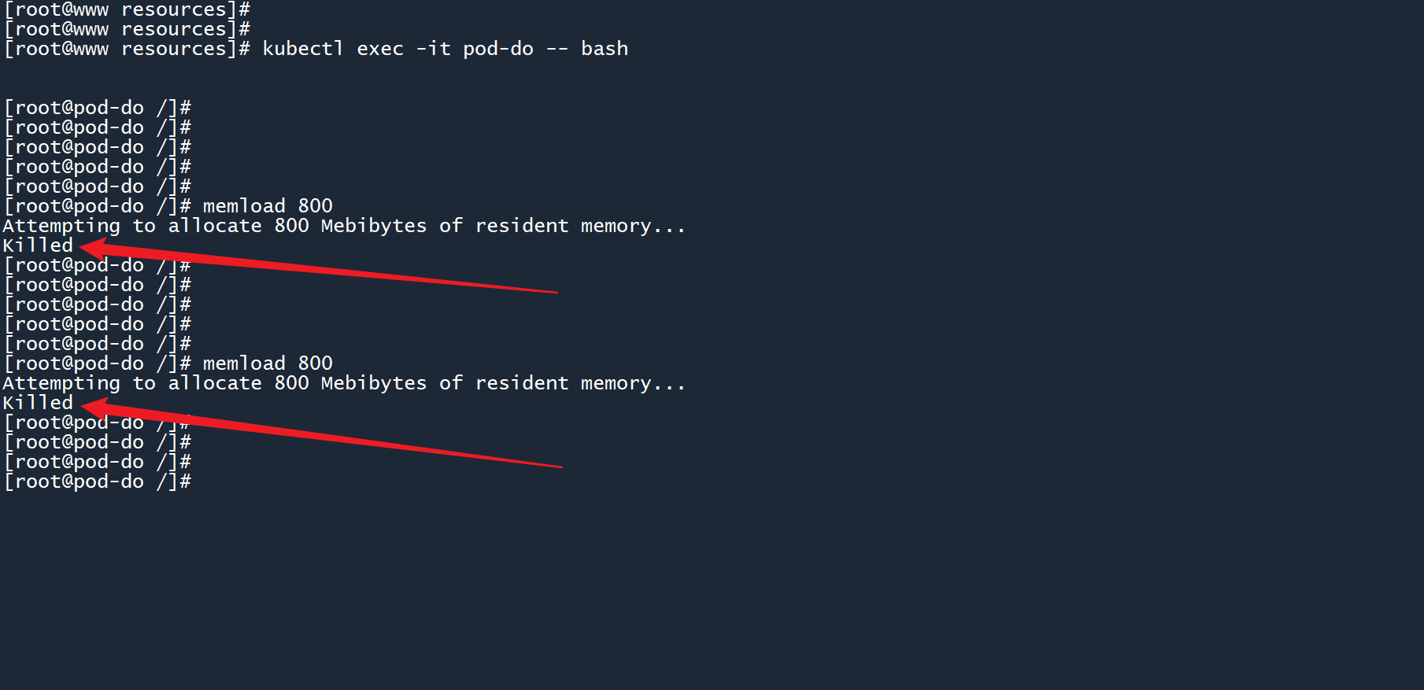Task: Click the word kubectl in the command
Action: click(x=302, y=49)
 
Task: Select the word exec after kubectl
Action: click(x=379, y=49)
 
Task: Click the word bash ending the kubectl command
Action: click(x=604, y=49)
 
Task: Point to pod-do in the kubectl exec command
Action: click(x=497, y=49)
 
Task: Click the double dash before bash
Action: click(x=557, y=49)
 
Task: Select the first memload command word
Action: click(x=244, y=206)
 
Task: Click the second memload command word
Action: click(x=244, y=363)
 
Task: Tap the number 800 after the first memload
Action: click(x=315, y=206)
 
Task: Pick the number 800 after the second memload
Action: click(x=315, y=363)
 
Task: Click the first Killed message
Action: click(x=38, y=245)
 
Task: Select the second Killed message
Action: click(x=38, y=403)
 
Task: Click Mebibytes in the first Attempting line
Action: click(x=373, y=226)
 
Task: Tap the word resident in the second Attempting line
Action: click(x=521, y=383)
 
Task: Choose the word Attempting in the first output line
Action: click(x=61, y=227)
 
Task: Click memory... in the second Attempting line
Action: click(x=632, y=383)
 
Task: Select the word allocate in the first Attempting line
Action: click(x=214, y=226)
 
